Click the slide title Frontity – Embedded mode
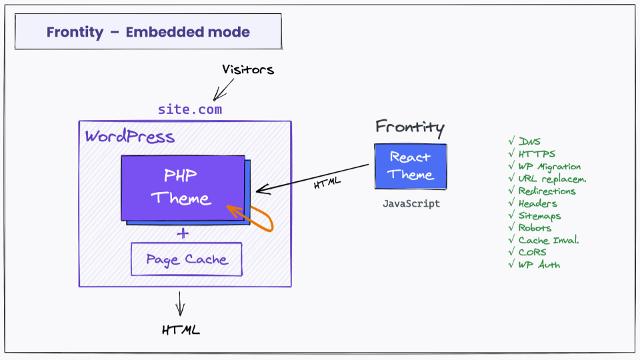coord(148,32)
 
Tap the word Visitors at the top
coord(248,69)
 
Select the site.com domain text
coord(190,109)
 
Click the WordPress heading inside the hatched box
coord(130,137)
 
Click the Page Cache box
coord(186,259)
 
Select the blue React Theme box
coord(410,166)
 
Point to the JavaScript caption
coord(411,204)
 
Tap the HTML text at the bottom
coord(180,329)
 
